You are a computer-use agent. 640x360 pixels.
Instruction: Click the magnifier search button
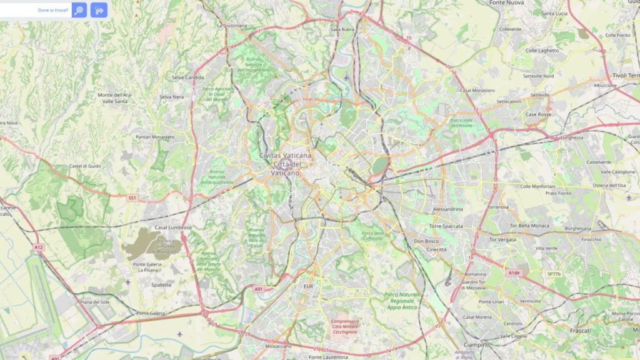(79, 10)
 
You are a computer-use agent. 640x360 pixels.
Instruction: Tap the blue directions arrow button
(99, 10)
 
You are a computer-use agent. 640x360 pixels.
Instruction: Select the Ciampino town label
(476, 344)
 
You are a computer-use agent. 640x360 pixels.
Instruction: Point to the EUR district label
(307, 286)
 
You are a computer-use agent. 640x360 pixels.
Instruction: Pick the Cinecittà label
(436, 249)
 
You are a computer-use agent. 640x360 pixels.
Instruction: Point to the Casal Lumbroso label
(172, 227)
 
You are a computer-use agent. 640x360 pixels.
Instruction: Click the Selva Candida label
(187, 77)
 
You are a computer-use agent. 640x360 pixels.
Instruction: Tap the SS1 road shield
(132, 197)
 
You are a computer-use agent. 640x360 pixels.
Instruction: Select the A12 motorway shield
(39, 247)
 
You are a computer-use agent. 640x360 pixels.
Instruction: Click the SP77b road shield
(554, 274)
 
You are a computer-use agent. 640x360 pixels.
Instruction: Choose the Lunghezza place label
(571, 137)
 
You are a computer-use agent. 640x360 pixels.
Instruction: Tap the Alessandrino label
(447, 209)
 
